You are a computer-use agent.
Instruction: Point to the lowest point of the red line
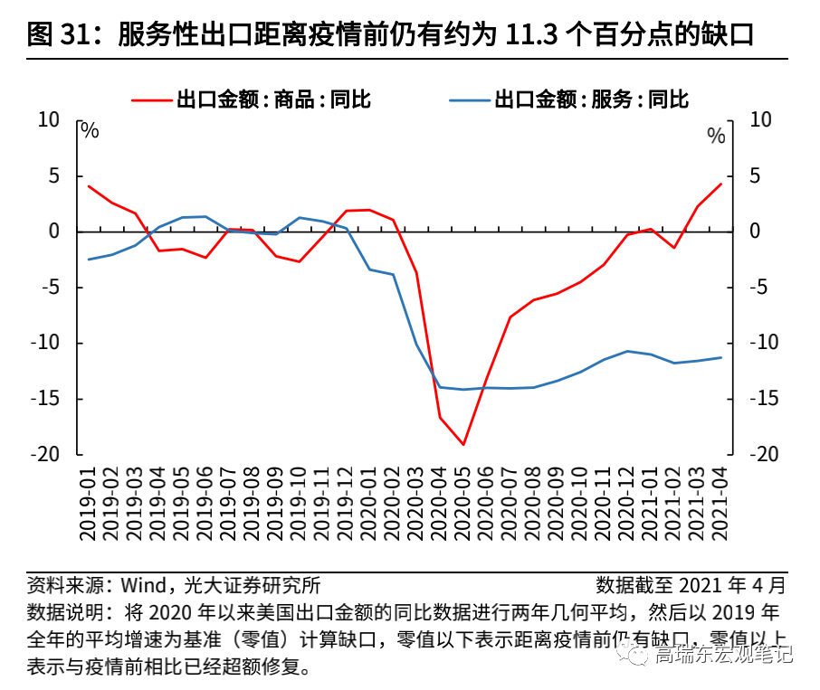463,444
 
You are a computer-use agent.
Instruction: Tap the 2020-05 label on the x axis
463,505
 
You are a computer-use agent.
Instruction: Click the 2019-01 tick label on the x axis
88,505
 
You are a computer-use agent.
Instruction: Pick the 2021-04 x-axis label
721,505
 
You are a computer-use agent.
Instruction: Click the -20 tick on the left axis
47,454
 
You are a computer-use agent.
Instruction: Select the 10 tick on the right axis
761,120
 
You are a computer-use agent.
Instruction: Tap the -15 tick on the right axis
766,398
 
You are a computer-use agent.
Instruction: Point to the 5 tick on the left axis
53,176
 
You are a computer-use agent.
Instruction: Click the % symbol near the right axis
716,137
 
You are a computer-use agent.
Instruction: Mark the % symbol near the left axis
90,130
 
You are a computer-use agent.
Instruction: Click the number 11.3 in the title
526,35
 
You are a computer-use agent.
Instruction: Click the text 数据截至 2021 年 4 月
691,584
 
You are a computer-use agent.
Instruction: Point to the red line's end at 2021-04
721,184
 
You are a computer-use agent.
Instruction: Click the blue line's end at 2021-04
721,357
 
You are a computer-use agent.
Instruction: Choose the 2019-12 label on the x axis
346,505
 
